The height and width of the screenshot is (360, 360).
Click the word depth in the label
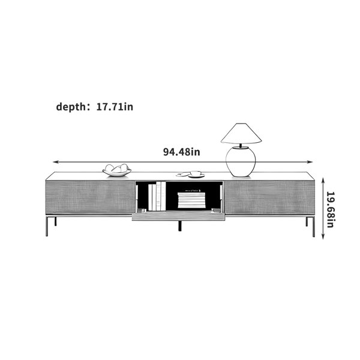[x=70, y=107]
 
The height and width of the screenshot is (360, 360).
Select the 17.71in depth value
[x=115, y=107]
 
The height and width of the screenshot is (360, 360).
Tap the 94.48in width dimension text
[x=181, y=152]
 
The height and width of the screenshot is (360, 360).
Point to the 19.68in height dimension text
[x=331, y=209]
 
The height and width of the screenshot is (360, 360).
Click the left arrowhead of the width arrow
[x=55, y=162]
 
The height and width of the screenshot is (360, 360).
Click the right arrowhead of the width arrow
[x=310, y=162]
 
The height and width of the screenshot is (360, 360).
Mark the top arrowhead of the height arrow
[x=323, y=180]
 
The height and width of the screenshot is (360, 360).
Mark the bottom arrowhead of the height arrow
[x=323, y=237]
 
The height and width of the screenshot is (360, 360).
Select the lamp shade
[x=241, y=133]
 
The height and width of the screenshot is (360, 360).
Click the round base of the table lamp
[x=241, y=162]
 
